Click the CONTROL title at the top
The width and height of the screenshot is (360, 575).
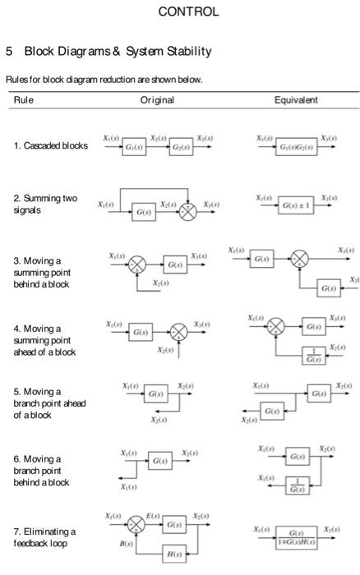(187, 11)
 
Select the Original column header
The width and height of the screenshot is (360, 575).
(157, 99)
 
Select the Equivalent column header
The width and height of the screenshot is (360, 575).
(296, 99)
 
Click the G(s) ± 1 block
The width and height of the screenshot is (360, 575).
(296, 209)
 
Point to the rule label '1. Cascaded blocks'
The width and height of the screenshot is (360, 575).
(50, 146)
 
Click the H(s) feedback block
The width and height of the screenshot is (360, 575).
(174, 554)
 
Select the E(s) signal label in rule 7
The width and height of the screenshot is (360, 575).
(152, 515)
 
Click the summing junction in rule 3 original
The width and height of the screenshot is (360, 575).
(137, 265)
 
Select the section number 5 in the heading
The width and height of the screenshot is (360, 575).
(9, 51)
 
